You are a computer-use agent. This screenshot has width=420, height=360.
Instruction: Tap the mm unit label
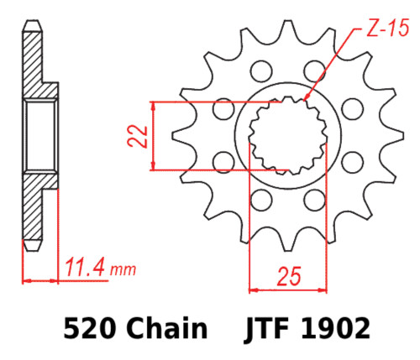(123, 271)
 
